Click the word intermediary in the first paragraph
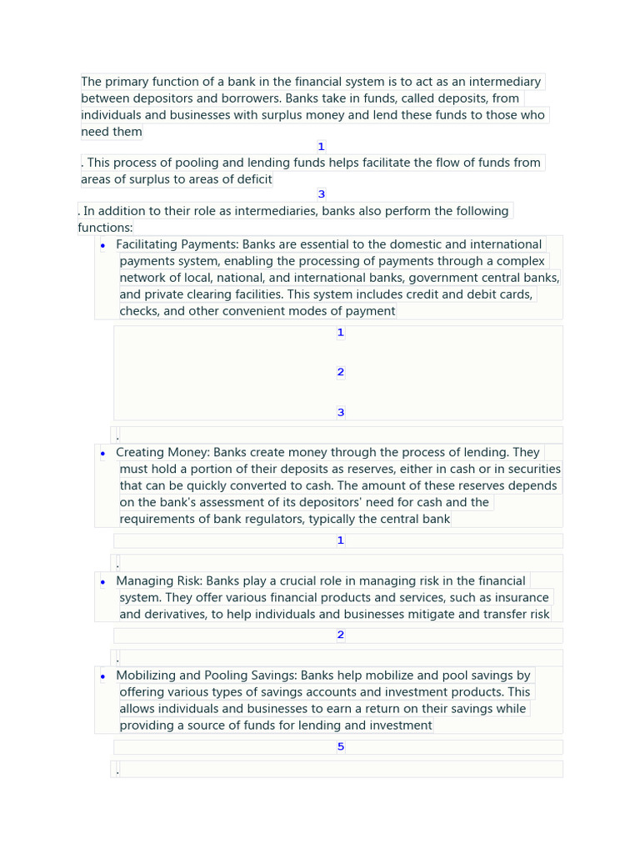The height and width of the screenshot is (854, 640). click(x=504, y=82)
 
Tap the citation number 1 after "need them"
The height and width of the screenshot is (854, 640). click(x=321, y=147)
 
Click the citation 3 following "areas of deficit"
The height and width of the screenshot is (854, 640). click(x=321, y=194)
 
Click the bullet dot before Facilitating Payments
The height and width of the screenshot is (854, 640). click(x=102, y=245)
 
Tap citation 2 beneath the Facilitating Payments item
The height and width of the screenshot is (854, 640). click(x=340, y=372)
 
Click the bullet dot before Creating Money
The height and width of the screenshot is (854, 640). click(x=102, y=454)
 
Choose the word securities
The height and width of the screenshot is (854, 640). click(x=532, y=469)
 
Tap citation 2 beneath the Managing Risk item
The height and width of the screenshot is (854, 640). click(x=340, y=635)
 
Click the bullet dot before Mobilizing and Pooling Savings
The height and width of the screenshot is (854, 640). click(x=102, y=676)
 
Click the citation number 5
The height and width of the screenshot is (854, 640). click(x=340, y=746)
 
